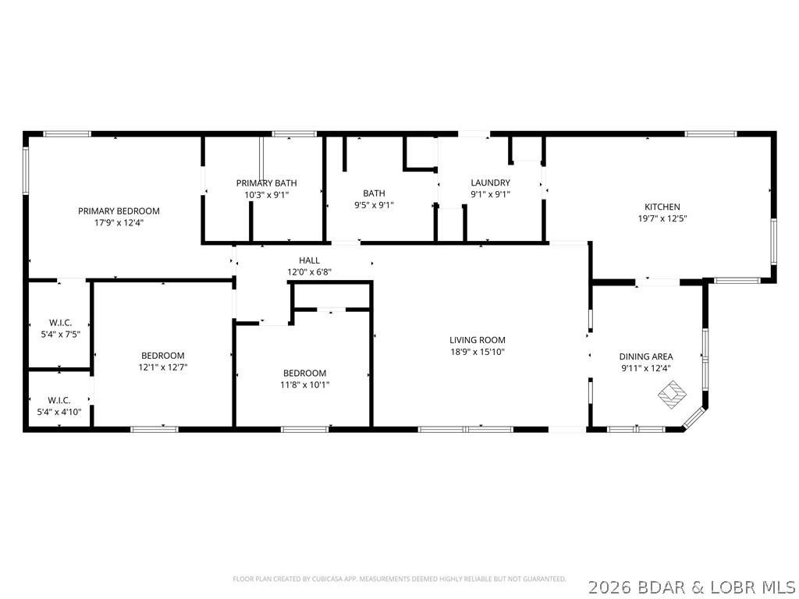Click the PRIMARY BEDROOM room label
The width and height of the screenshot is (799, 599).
[x=119, y=211]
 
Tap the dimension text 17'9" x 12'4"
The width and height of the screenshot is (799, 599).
[x=119, y=222]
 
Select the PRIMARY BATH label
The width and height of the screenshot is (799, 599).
[x=267, y=183]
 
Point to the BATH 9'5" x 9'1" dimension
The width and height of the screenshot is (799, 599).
[x=374, y=205]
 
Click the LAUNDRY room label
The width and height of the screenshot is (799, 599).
[x=490, y=183]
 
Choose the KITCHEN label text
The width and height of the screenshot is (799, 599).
[x=662, y=207]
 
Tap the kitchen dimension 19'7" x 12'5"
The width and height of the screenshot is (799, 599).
[x=662, y=218]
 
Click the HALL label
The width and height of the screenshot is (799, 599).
[x=309, y=261]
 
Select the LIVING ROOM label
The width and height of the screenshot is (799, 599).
[x=478, y=340]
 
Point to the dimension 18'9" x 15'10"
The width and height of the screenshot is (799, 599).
[x=478, y=352]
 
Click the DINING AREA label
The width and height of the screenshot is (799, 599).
[x=646, y=356]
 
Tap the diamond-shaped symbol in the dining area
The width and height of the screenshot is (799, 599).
[x=672, y=394]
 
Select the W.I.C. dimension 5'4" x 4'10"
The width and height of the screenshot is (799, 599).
[x=59, y=412]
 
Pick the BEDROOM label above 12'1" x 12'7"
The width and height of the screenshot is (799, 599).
[x=163, y=356]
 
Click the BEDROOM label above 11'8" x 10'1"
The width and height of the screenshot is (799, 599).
[x=305, y=373]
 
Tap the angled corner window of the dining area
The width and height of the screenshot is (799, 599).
[x=694, y=417]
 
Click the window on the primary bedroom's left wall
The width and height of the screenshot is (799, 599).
[x=26, y=173]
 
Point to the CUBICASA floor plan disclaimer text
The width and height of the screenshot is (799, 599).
[x=399, y=580]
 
